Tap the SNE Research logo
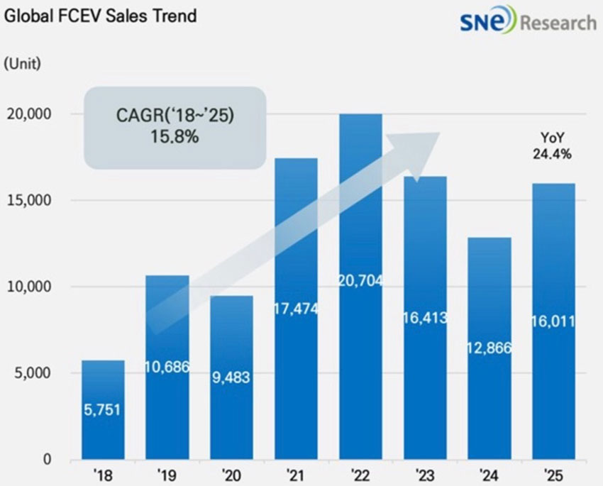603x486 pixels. [528, 23]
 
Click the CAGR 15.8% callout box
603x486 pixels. [175, 127]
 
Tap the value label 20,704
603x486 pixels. [360, 281]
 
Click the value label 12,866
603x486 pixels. [489, 347]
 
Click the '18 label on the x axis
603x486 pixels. [104, 474]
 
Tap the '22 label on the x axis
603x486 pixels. [360, 474]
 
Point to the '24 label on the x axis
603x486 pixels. [489, 474]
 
